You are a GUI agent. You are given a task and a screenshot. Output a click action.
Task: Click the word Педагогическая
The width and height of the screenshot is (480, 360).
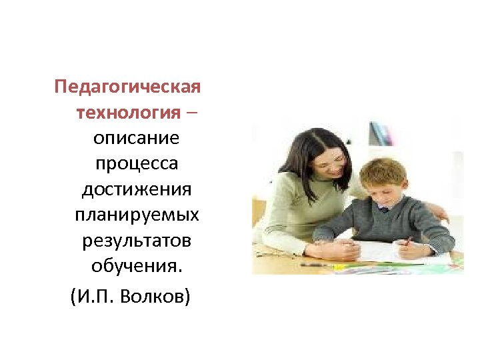point(127,87)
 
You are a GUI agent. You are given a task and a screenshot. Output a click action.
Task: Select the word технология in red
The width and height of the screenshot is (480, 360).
point(128,113)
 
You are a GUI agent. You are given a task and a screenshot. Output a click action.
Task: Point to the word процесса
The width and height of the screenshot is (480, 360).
point(136,164)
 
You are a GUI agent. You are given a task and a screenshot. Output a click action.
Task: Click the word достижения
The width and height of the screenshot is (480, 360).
point(136,190)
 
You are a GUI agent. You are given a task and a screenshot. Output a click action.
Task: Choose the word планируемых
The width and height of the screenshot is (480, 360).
point(136,215)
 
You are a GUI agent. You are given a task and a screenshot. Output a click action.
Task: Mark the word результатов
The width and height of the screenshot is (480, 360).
point(136,241)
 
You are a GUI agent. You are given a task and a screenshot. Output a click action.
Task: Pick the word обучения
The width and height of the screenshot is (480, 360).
point(136,267)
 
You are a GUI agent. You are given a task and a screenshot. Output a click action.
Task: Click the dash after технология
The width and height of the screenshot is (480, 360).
point(191,113)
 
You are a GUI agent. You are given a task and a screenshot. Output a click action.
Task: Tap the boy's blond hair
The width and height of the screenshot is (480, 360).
point(383,171)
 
